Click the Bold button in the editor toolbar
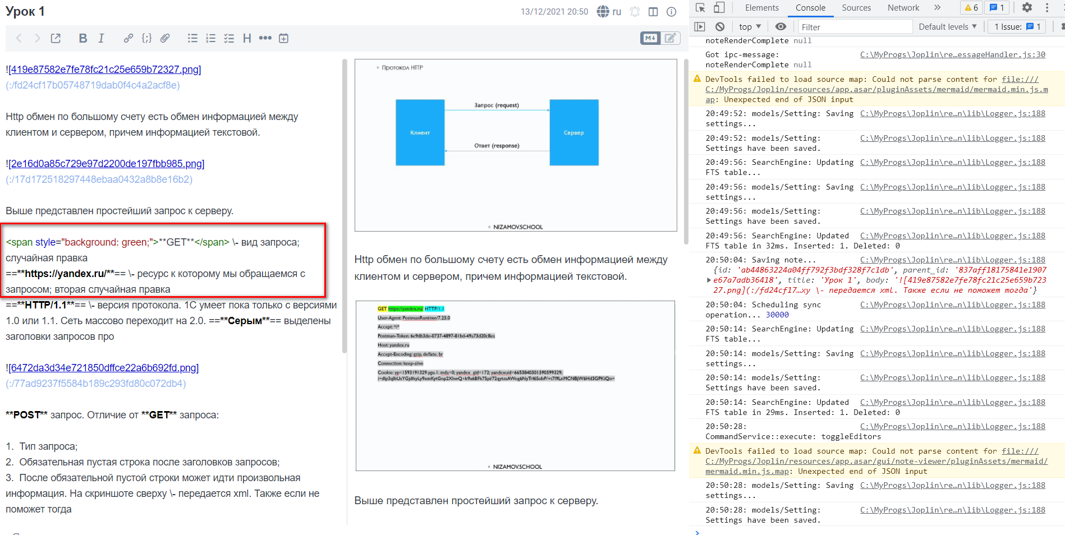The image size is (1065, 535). pos(82,38)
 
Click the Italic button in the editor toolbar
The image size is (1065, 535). pos(101,38)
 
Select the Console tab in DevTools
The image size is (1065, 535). pos(810,8)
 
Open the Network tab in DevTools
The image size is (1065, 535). pos(903,8)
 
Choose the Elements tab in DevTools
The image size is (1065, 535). pos(761,8)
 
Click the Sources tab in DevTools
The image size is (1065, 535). pos(856,8)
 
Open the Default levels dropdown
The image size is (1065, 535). pos(947,27)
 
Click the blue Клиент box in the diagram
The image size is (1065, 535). pos(420,132)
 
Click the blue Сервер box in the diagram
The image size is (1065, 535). pos(573,132)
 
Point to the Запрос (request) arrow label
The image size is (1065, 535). pos(497,105)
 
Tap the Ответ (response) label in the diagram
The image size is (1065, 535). pos(497,146)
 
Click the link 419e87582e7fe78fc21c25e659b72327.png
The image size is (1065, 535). pos(105,70)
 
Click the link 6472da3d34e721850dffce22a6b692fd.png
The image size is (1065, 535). pos(104,368)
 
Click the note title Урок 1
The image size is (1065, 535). pos(25,11)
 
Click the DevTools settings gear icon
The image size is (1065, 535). pos(1027,8)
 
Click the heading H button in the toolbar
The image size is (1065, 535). pos(247,38)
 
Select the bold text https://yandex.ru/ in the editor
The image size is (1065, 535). pos(65,274)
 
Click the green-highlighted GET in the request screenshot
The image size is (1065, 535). pos(382,309)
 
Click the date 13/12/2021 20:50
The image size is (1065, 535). pos(554,12)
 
